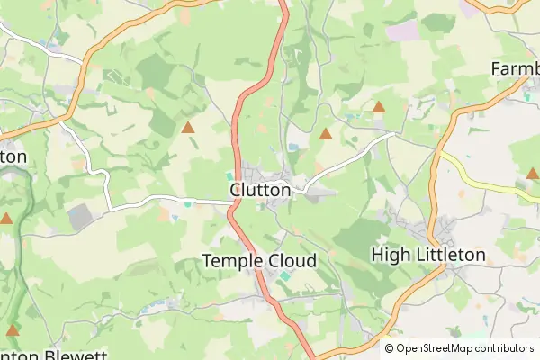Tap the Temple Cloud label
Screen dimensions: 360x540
coord(259,260)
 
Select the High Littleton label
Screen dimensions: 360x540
coord(428,256)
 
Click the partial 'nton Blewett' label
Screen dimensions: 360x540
coord(54,353)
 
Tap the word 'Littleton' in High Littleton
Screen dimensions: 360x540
coord(449,256)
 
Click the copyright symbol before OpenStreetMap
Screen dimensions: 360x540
coord(389,347)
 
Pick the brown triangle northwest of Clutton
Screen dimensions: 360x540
coord(188,128)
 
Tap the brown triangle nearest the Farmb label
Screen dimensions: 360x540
coord(379,107)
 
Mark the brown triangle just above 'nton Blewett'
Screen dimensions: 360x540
coord(13,330)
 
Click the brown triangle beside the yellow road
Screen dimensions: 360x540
coord(532,173)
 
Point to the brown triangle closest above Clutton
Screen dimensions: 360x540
coord(326,135)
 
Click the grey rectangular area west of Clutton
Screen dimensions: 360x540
coord(80,215)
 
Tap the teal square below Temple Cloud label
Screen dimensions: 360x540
coord(285,276)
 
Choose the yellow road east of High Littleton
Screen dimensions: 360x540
coord(486,180)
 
